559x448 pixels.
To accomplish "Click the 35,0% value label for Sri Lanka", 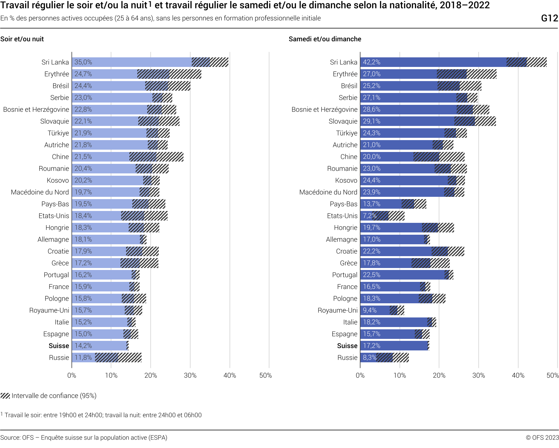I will (83, 62).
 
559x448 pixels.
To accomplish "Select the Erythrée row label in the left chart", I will (57, 74).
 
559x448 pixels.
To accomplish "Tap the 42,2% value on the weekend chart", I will (372, 62).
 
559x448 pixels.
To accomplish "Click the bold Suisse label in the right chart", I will (347, 346).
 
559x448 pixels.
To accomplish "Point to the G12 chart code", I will (549, 18).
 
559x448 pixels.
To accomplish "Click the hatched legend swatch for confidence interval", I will (5, 396).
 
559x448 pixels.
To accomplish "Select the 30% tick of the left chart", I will (190, 375).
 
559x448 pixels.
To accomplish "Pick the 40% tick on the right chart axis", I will (518, 375).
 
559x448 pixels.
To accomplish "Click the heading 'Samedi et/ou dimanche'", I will (325, 39).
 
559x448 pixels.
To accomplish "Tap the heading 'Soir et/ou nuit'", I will (22, 39).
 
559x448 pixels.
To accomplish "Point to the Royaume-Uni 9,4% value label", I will (370, 311).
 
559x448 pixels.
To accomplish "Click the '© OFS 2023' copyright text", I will (542, 438).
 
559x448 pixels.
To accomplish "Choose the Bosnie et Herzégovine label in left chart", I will (36, 110).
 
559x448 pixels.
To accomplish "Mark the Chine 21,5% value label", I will (83, 157).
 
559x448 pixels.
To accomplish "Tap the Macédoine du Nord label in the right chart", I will (328, 193).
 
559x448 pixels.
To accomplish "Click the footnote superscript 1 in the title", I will (150, 4).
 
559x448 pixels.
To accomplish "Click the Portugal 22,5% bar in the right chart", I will (403, 275).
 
